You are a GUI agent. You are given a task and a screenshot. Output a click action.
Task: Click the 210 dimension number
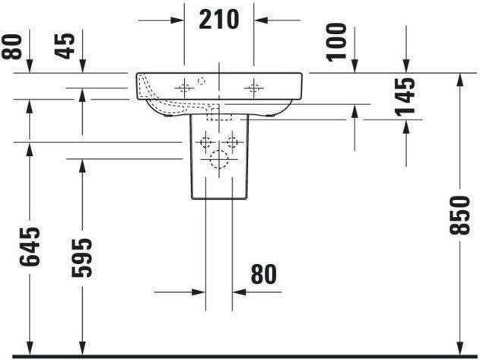(218, 20)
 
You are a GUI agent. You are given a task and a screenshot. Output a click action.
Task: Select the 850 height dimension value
(459, 215)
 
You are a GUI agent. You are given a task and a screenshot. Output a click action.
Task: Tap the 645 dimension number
(30, 247)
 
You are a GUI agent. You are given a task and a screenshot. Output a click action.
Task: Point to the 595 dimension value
(81, 258)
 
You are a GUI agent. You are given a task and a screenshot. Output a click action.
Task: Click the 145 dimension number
(405, 97)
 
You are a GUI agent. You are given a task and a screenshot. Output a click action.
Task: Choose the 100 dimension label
(336, 42)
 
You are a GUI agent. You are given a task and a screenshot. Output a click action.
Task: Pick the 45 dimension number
(65, 46)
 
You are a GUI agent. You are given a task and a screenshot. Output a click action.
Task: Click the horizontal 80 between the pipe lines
(263, 274)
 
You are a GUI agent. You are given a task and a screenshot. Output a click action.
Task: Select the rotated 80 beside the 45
(12, 46)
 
